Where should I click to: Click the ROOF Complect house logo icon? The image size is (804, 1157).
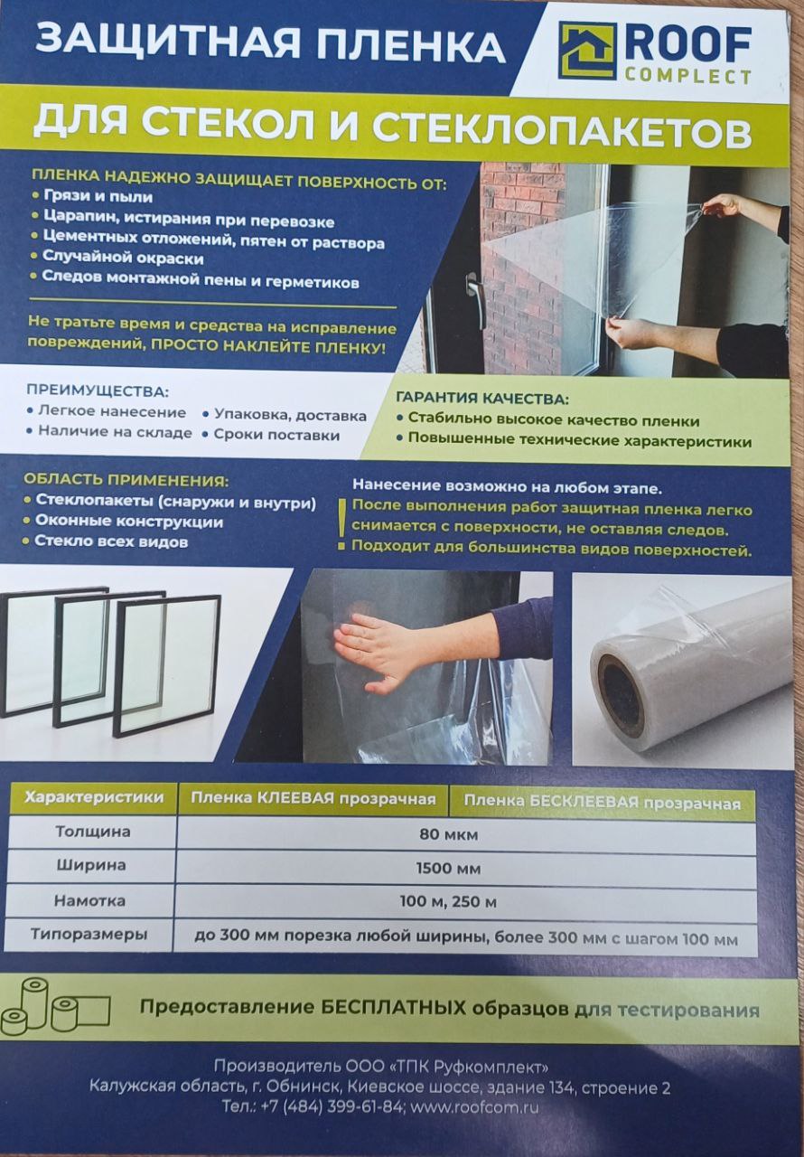pyautogui.click(x=587, y=52)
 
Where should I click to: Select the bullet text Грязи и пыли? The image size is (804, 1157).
pyautogui.click(x=98, y=196)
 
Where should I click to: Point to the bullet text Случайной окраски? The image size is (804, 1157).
pyautogui.click(x=123, y=258)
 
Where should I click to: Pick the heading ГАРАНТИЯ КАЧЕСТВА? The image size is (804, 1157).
pyautogui.click(x=482, y=399)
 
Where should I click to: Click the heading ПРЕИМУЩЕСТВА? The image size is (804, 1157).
pyautogui.click(x=98, y=391)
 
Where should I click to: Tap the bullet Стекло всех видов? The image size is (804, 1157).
pyautogui.click(x=111, y=541)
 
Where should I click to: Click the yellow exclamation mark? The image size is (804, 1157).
pyautogui.click(x=341, y=523)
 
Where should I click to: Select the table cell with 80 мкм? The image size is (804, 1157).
pyautogui.click(x=448, y=834)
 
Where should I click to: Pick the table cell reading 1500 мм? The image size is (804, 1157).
pyautogui.click(x=448, y=869)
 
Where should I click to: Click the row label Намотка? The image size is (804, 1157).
pyautogui.click(x=89, y=900)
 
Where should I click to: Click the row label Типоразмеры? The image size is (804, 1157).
pyautogui.click(x=89, y=934)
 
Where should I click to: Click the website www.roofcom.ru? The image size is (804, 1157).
pyautogui.click(x=475, y=1107)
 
